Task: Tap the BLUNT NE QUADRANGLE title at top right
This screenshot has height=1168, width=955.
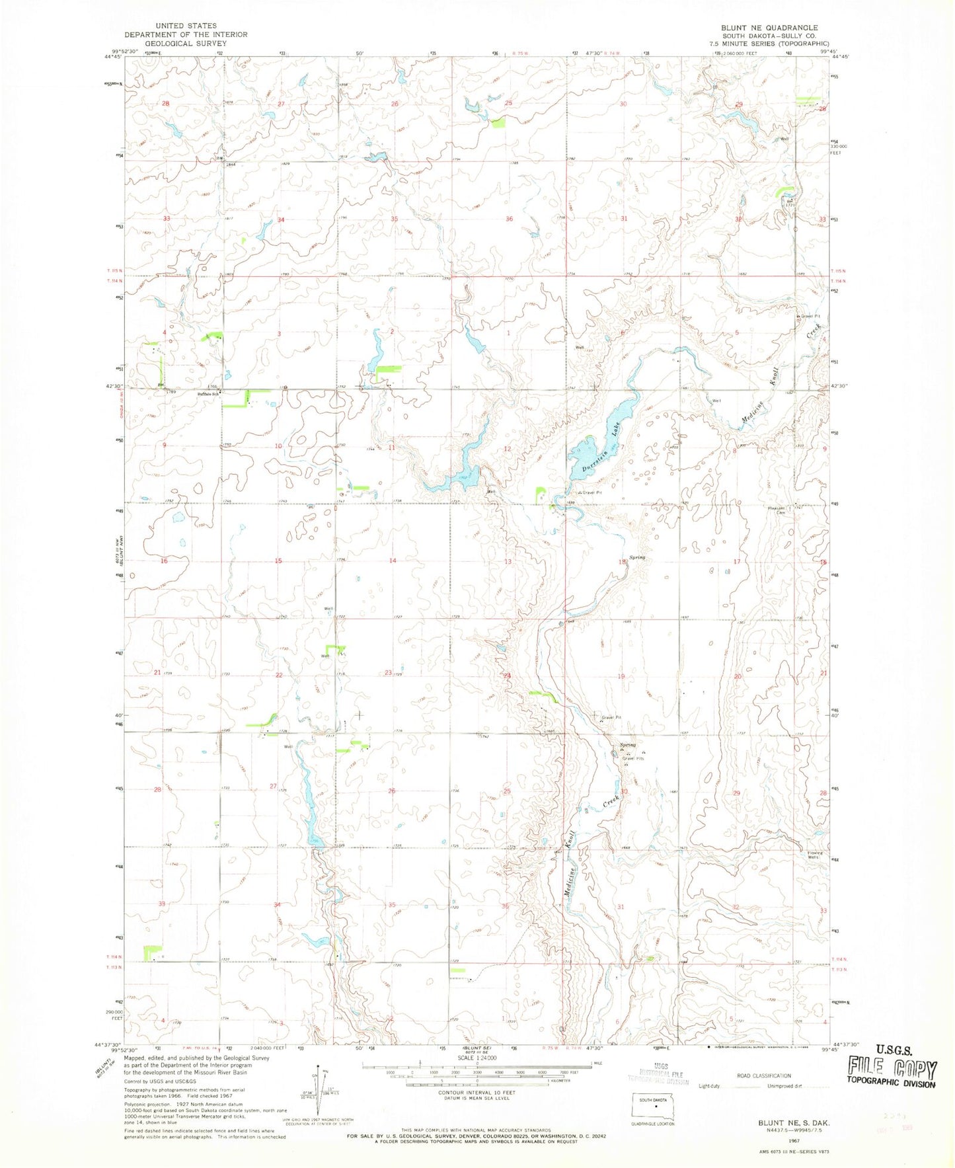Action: pyautogui.click(x=769, y=28)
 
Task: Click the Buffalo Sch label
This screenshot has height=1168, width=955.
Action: pyautogui.click(x=209, y=392)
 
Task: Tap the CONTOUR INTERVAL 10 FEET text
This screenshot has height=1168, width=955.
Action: pyautogui.click(x=477, y=1093)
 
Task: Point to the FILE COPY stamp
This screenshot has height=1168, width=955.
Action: pyautogui.click(x=893, y=1070)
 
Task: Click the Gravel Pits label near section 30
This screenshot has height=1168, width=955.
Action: pyautogui.click(x=632, y=758)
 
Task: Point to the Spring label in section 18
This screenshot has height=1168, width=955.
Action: pyautogui.click(x=636, y=557)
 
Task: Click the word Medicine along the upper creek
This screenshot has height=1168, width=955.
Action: pyautogui.click(x=751, y=416)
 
